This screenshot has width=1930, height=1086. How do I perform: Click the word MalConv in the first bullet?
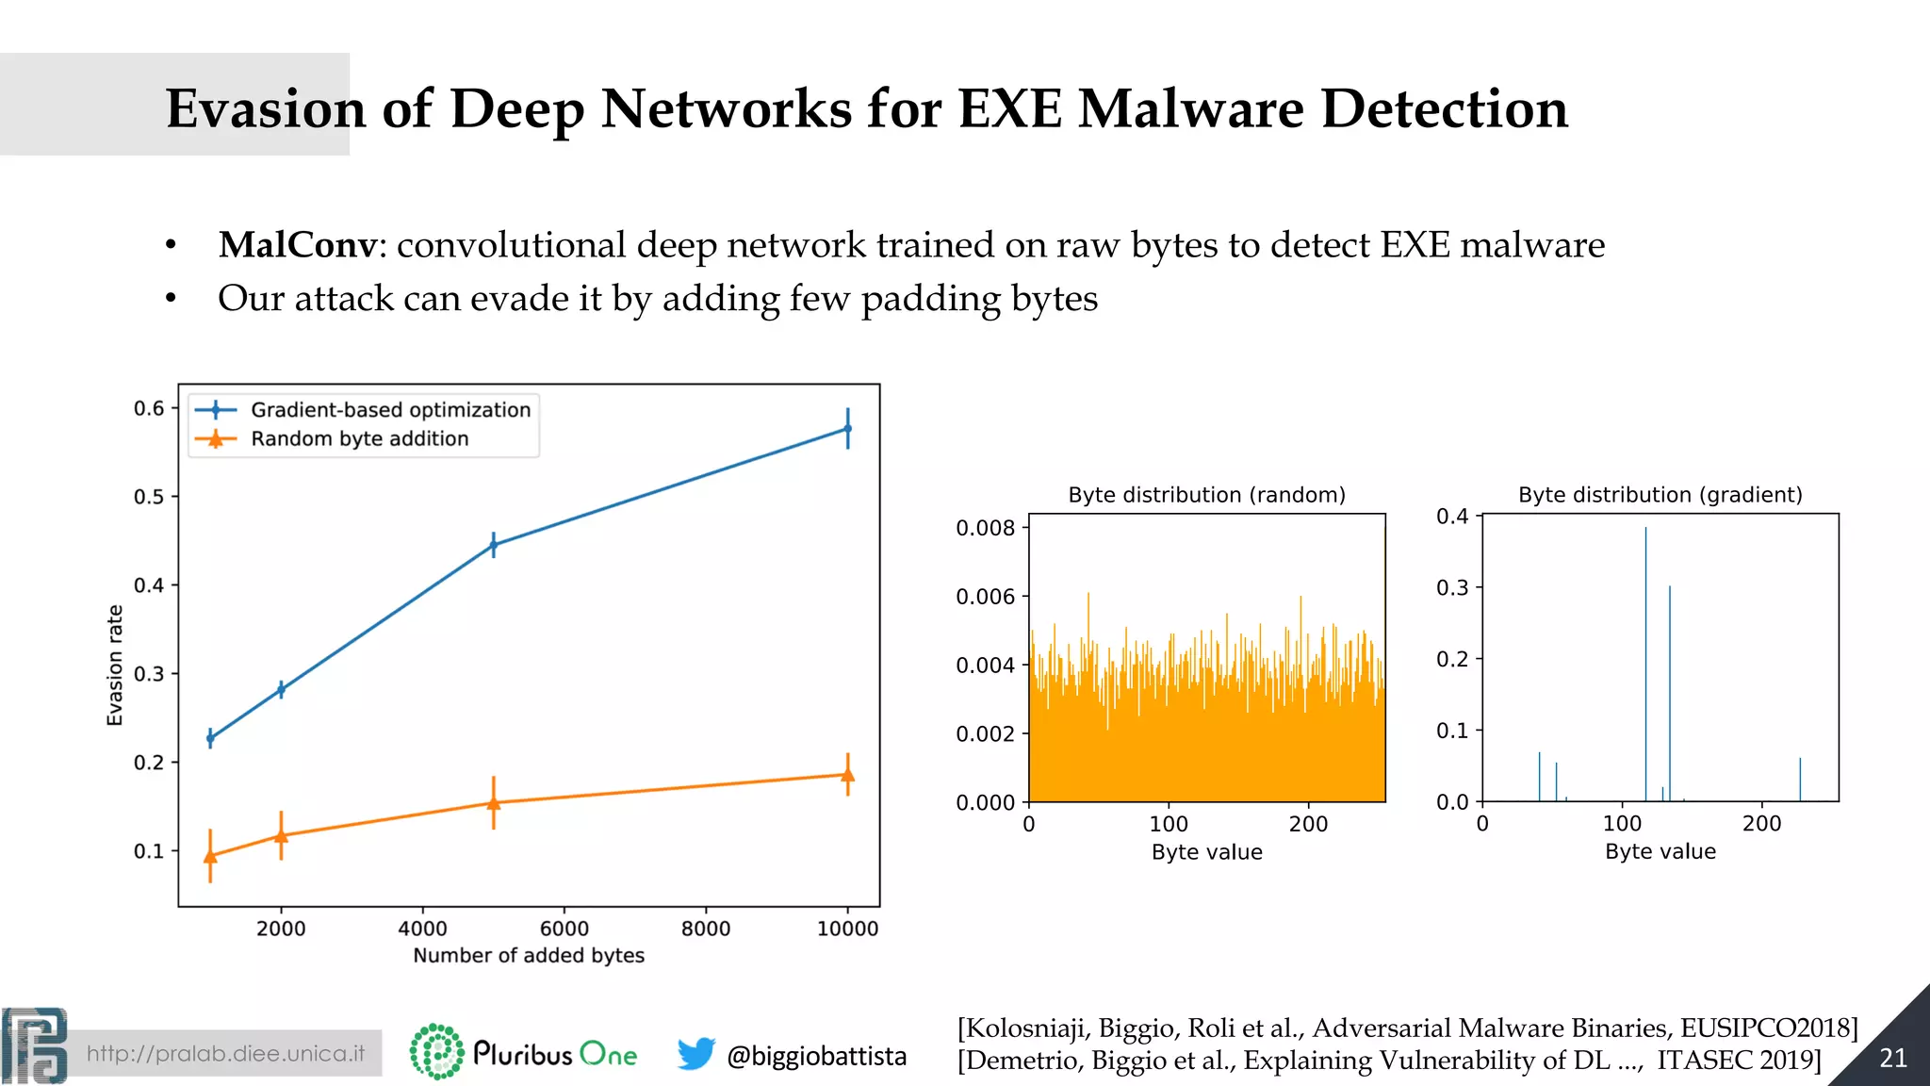(x=297, y=245)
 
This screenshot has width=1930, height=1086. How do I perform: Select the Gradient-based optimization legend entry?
(x=390, y=410)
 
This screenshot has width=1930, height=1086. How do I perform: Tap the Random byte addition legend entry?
(x=359, y=439)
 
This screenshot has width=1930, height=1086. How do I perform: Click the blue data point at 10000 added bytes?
(x=847, y=429)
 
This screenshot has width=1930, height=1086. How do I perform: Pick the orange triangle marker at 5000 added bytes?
(x=494, y=803)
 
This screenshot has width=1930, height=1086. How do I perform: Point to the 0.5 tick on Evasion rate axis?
(x=149, y=497)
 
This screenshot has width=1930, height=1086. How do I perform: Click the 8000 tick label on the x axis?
(x=706, y=929)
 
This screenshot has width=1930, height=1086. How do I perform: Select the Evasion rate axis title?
(x=115, y=665)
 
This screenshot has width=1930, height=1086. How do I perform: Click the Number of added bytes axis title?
(x=529, y=956)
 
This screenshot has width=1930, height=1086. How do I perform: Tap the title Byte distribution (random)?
(x=1206, y=495)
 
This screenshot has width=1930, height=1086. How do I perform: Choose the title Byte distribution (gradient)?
(x=1660, y=495)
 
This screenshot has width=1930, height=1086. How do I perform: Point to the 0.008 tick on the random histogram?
(x=985, y=528)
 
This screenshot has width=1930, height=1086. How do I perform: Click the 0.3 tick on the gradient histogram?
(x=1452, y=588)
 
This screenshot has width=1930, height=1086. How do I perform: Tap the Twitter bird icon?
(x=696, y=1053)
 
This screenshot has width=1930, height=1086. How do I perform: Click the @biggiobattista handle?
(x=816, y=1056)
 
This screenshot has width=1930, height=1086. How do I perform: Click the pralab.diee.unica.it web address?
(x=225, y=1054)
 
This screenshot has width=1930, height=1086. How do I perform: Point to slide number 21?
(x=1893, y=1059)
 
